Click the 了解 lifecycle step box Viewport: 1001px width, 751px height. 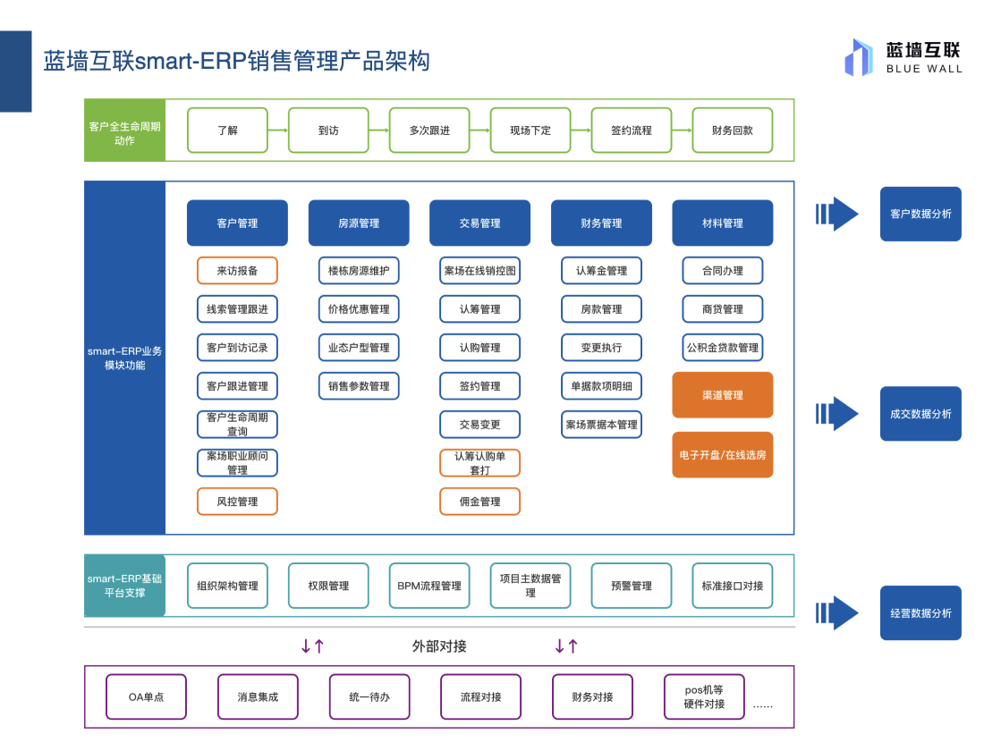tap(227, 131)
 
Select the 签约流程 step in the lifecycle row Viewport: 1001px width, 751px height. tap(632, 131)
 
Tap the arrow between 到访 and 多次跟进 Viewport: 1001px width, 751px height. tap(378, 131)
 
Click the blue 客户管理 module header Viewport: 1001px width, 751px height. tap(237, 223)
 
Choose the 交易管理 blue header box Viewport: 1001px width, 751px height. tap(479, 223)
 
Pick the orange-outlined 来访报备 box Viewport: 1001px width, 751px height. tap(237, 271)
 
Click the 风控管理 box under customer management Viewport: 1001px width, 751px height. tap(237, 502)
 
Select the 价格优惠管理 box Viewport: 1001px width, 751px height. tap(359, 309)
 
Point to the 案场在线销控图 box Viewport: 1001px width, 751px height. tap(479, 271)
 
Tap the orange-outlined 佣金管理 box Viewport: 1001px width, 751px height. tap(479, 502)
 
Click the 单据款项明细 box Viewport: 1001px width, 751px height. tap(601, 386)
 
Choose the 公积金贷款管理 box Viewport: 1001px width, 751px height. tap(722, 348)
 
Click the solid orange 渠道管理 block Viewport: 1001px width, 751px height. tap(722, 395)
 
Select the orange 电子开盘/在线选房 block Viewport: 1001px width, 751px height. tap(722, 454)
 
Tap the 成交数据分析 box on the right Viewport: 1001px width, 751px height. tap(920, 414)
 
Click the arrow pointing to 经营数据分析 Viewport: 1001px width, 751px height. tap(837, 613)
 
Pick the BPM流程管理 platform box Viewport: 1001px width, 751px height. tap(429, 586)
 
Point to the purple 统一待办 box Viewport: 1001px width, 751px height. tap(369, 696)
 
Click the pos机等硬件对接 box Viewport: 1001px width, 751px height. tap(704, 696)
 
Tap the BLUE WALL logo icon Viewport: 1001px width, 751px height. tap(858, 57)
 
